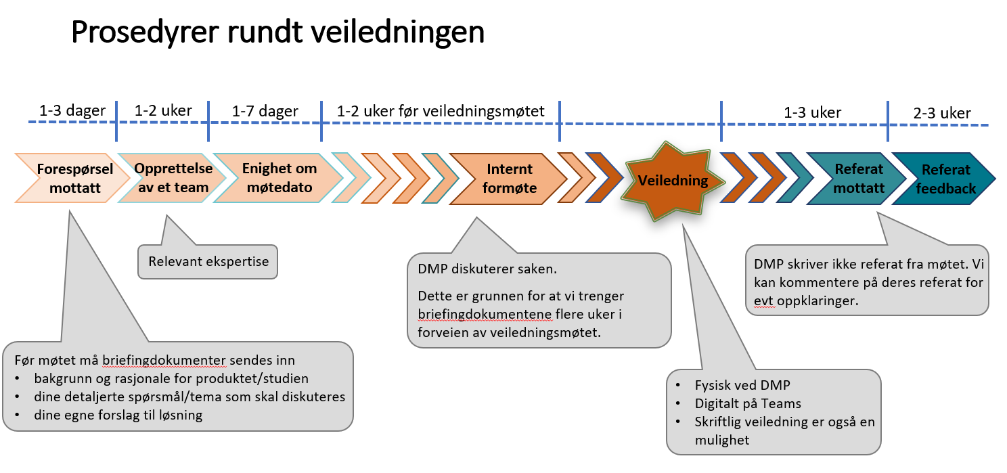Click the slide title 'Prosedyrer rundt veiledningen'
click(x=277, y=32)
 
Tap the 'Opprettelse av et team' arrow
click(x=172, y=178)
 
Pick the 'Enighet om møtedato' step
click(x=278, y=178)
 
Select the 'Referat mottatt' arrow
click(x=858, y=178)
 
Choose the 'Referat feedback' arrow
click(x=945, y=179)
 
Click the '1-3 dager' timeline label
click(x=72, y=111)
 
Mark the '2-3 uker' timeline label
click(x=941, y=114)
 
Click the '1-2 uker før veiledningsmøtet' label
click(x=440, y=111)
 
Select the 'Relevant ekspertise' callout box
click(x=208, y=261)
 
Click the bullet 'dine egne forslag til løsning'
click(x=118, y=415)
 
